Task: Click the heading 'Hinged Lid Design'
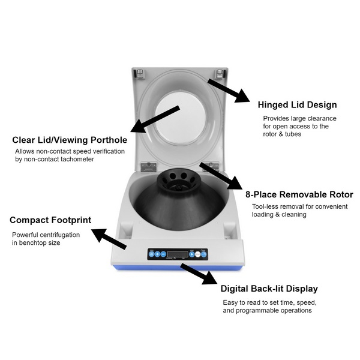pos(297,105)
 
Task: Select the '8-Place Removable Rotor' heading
pos(299,194)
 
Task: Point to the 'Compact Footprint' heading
pos(50,220)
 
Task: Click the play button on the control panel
pos(192,253)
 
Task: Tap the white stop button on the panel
pos(203,253)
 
